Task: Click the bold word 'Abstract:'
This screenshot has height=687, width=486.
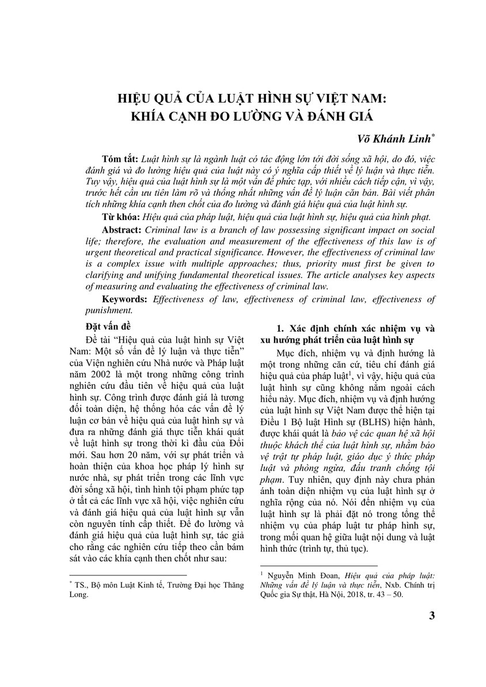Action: click(122, 229)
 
